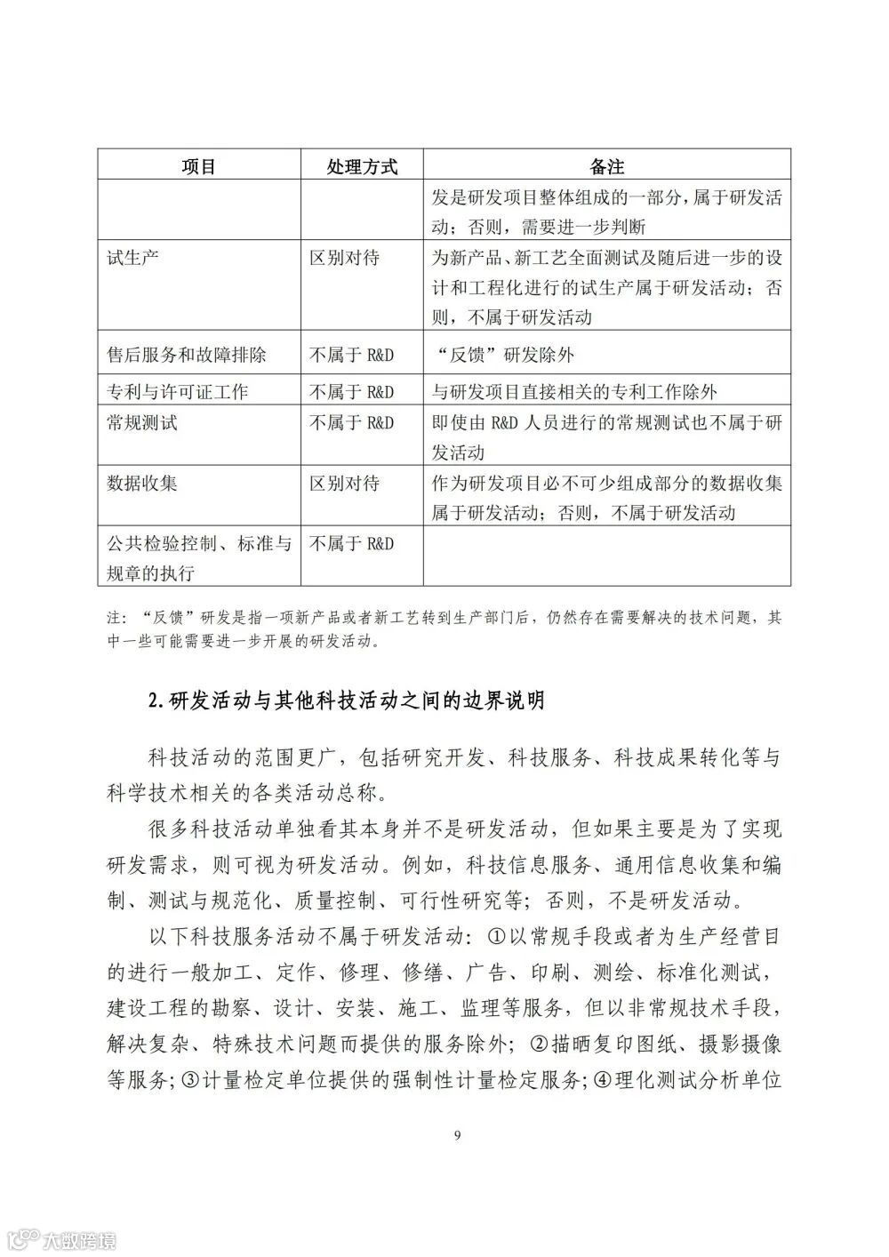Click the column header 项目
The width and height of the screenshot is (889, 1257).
[199, 166]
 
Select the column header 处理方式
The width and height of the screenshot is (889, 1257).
[361, 166]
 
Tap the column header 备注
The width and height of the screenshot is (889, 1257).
[607, 166]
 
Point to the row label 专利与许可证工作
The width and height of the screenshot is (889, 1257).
[177, 391]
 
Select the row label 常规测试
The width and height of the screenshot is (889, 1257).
[142, 422]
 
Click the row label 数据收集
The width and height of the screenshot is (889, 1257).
[142, 483]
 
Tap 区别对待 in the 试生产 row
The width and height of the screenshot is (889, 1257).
[344, 258]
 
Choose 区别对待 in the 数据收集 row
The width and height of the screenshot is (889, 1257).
[344, 483]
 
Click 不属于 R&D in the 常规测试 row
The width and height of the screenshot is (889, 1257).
[351, 422]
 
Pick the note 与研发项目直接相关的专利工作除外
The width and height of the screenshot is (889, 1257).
[574, 391]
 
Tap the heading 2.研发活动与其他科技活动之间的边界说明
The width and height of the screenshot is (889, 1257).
[346, 701]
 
